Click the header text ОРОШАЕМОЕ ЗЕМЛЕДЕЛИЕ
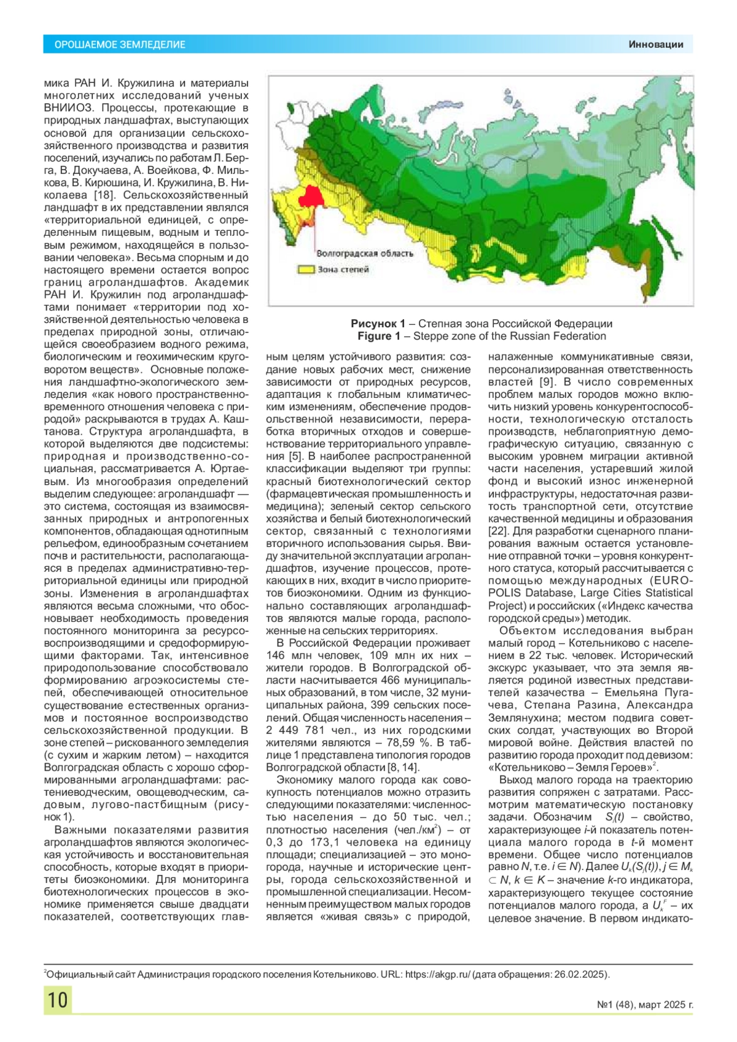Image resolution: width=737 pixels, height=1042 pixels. tap(120, 44)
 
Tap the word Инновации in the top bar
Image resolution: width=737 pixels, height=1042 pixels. tap(655, 44)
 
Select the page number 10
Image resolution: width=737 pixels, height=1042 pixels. tap(58, 1000)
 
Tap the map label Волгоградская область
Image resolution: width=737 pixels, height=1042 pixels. tap(365, 254)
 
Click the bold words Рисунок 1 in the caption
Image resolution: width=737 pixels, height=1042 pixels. tap(378, 324)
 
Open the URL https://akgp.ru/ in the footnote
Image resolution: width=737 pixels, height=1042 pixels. tap(438, 974)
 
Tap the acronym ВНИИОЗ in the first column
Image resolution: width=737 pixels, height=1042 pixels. tap(64, 108)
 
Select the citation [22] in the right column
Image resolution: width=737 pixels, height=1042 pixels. tap(498, 531)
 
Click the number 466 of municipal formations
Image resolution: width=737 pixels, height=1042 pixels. tap(390, 680)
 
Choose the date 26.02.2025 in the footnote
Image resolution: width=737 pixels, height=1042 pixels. tap(580, 974)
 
